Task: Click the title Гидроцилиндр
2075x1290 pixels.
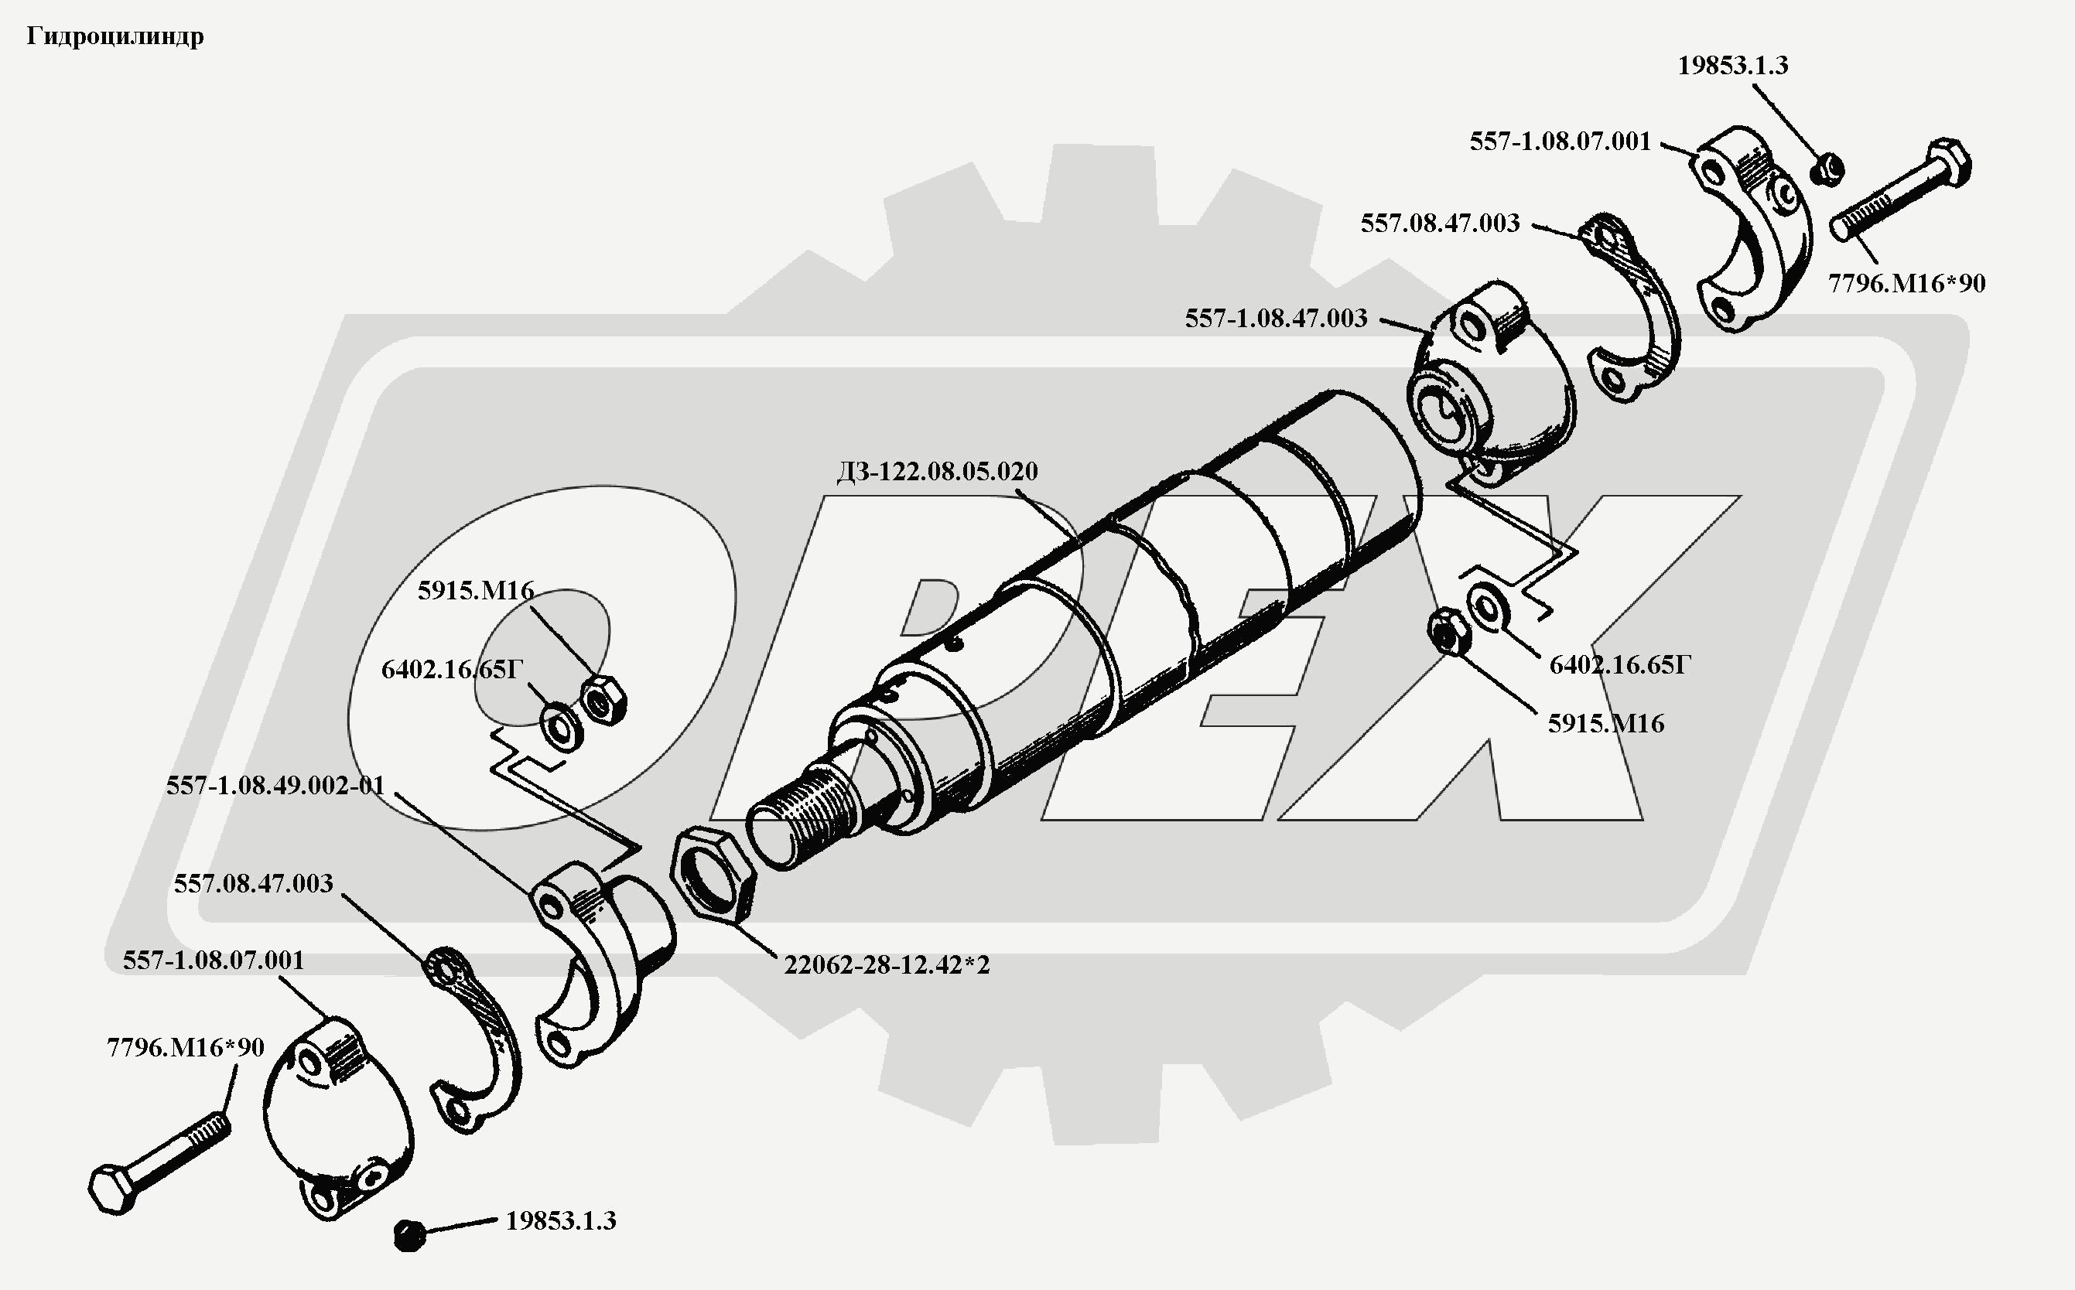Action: tap(115, 36)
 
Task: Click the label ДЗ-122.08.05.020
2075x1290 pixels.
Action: tap(937, 472)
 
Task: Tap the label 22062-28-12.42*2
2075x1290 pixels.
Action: tap(887, 965)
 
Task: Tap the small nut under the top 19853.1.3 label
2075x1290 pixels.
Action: tap(1826, 169)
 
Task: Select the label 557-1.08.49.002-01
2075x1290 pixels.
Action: tap(275, 786)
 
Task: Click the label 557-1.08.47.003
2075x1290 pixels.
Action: tap(1276, 318)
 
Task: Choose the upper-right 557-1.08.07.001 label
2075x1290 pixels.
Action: tap(1561, 142)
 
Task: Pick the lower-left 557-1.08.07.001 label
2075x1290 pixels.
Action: tap(214, 961)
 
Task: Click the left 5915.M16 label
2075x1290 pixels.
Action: tap(476, 590)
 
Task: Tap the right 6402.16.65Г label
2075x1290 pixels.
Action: tap(1619, 664)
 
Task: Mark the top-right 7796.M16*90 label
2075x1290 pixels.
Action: tap(1907, 283)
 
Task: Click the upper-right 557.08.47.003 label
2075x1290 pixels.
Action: tap(1440, 224)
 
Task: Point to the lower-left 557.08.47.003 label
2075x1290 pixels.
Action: tap(254, 883)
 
